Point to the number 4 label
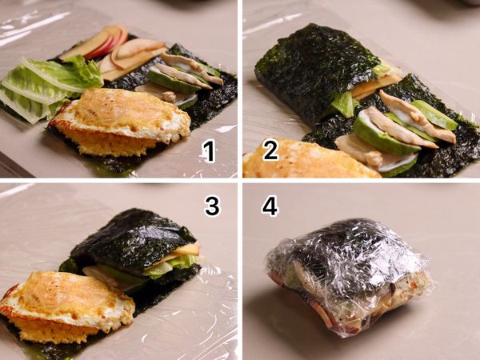click(270, 206)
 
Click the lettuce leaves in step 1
click(48, 84)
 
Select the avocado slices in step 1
click(172, 80)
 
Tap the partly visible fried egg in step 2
click(296, 160)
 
